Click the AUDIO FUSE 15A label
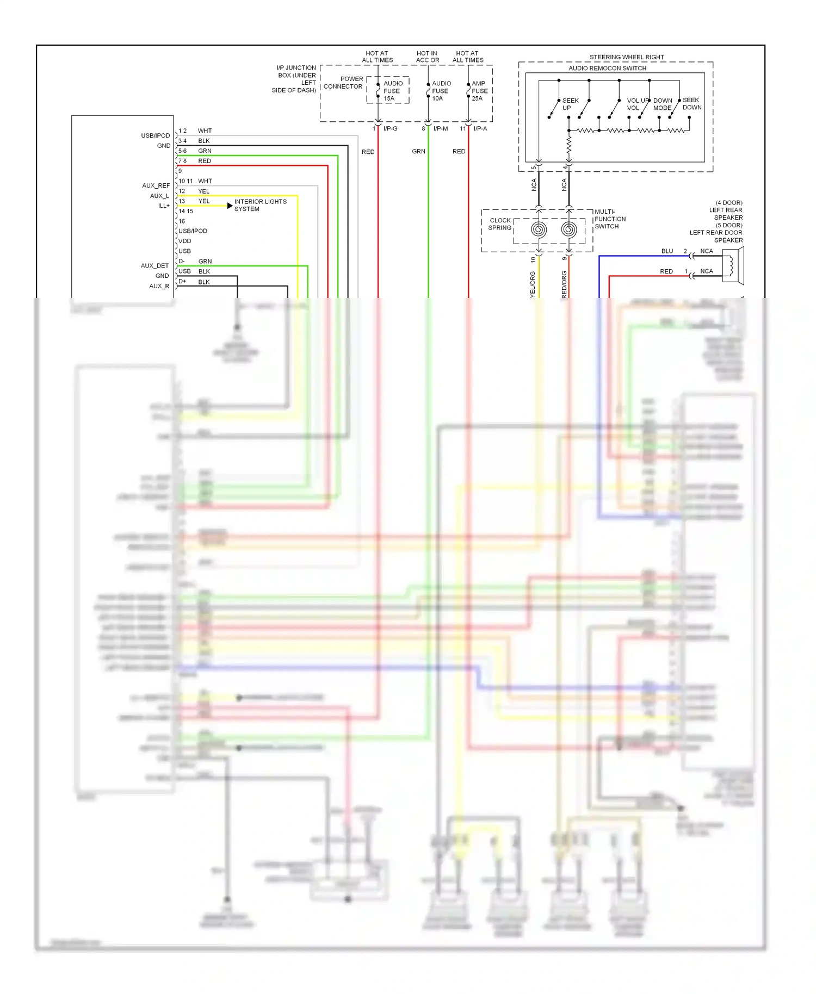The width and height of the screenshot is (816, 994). (392, 91)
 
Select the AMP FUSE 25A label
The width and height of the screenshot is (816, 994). (479, 91)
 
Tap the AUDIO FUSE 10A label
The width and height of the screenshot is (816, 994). (441, 91)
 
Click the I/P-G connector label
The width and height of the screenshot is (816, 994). (390, 129)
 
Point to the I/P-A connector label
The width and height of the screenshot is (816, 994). (480, 129)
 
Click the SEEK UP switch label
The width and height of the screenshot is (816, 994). (570, 104)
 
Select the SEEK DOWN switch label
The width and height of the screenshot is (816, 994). (691, 103)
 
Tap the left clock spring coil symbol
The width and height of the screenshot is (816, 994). (539, 229)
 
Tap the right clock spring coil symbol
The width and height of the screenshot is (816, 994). (569, 229)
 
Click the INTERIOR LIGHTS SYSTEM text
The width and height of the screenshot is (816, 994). (259, 205)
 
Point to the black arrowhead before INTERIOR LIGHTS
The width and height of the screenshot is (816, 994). (230, 206)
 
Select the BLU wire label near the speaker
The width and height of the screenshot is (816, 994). (667, 251)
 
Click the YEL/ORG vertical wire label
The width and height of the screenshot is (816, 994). (533, 284)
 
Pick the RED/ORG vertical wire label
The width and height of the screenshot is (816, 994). (564, 284)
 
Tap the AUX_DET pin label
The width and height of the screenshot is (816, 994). (154, 266)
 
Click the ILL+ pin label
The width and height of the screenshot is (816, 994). (164, 206)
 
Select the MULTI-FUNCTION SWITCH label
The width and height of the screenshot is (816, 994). (609, 219)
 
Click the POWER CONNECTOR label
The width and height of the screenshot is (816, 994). (344, 83)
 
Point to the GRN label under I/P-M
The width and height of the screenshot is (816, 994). (418, 152)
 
